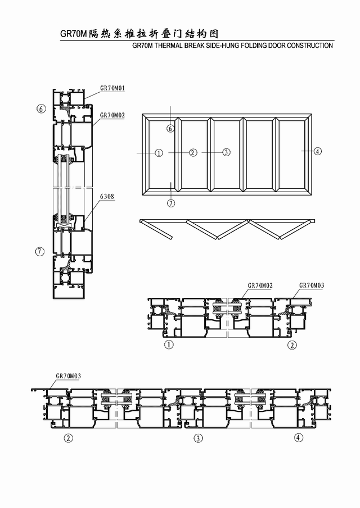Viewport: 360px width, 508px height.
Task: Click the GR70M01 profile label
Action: tap(112, 88)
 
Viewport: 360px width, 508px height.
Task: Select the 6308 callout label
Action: tap(107, 196)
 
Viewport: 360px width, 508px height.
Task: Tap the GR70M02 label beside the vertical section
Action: tap(112, 115)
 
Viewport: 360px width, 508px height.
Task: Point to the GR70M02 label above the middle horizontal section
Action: tap(260, 285)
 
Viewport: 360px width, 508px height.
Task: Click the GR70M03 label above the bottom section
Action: tap(69, 376)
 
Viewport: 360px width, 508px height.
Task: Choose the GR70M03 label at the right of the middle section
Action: tap(312, 285)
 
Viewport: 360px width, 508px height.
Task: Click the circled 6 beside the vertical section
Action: tap(41, 109)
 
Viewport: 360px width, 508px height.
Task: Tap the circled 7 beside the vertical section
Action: tap(40, 251)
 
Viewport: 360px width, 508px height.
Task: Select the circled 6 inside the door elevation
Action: tap(170, 129)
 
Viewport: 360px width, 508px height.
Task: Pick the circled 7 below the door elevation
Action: tap(171, 203)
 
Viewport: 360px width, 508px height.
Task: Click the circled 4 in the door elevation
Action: tap(318, 151)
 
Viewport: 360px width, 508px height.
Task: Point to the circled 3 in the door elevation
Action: tap(226, 152)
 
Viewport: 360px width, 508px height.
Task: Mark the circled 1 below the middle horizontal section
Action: tap(169, 344)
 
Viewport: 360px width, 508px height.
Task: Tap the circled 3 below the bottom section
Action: tap(198, 438)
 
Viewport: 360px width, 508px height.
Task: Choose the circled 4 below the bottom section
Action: tap(299, 438)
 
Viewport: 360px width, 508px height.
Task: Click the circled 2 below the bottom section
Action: tap(68, 438)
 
